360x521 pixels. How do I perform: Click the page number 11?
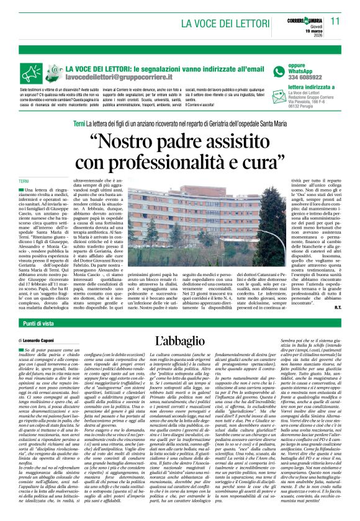pyautogui.click(x=335, y=21)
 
